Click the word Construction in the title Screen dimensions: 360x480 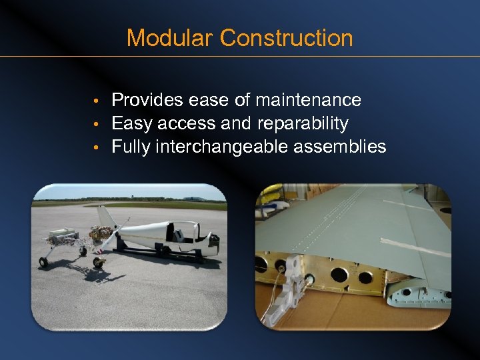(286, 37)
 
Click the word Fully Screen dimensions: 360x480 (131, 146)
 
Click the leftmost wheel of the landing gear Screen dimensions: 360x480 (43, 261)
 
